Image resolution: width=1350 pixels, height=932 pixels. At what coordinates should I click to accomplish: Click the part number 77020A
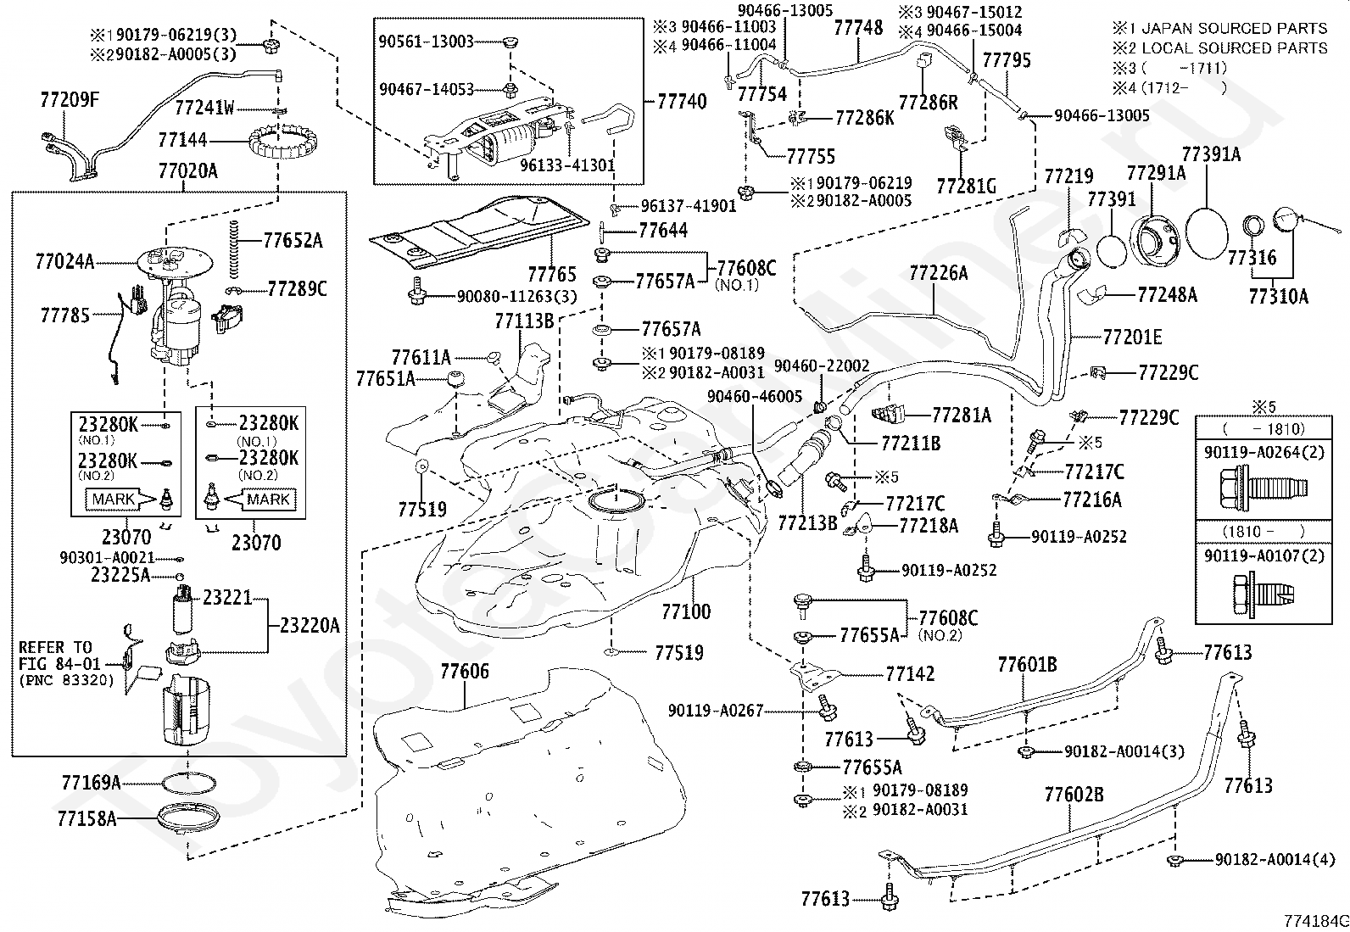point(187,171)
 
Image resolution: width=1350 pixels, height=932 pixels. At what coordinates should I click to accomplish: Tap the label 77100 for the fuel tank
point(686,612)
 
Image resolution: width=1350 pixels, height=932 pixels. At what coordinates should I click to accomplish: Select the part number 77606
point(465,671)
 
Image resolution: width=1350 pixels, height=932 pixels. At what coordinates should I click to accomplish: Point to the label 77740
point(682,101)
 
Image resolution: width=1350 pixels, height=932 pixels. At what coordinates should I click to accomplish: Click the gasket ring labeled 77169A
point(188,784)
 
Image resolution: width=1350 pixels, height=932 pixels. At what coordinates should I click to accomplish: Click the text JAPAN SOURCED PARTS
point(1235,28)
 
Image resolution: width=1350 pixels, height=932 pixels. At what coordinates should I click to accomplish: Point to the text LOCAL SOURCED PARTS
point(1235,48)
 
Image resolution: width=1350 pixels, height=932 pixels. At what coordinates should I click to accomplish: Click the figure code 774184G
point(1316,922)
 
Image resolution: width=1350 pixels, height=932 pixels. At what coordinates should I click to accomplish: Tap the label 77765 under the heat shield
point(552,274)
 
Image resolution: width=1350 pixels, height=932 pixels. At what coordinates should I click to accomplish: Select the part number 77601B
point(1027,664)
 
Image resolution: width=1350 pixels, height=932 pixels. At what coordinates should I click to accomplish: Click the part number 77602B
point(1074,795)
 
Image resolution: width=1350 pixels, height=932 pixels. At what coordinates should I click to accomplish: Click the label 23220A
point(310,627)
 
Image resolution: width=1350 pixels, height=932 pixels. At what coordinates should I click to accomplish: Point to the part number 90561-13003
point(426,42)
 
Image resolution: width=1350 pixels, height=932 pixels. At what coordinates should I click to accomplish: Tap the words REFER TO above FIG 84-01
point(55,647)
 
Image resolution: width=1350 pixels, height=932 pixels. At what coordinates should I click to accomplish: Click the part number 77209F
point(70,99)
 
